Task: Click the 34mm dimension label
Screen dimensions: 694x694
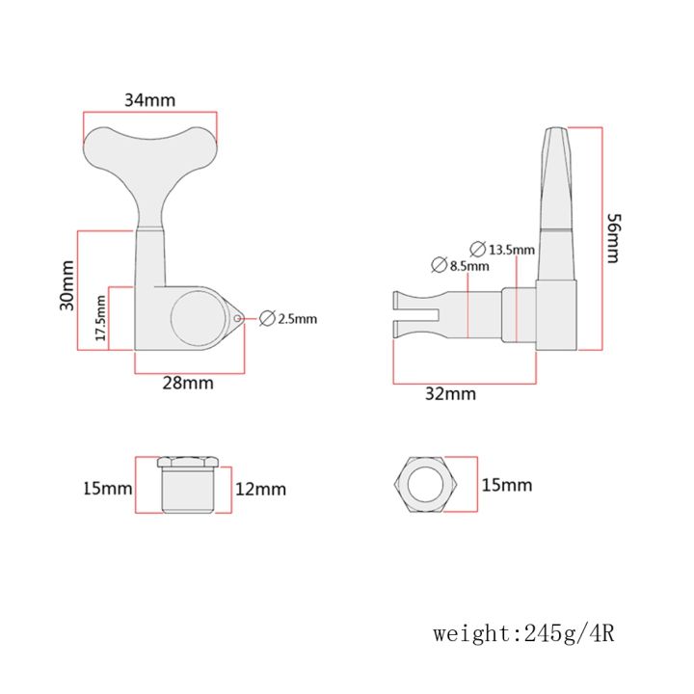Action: pos(149,100)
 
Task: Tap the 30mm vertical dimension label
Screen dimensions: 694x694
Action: pos(67,285)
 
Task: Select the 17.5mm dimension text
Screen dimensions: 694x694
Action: pos(101,318)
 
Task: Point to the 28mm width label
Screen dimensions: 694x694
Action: pos(188,383)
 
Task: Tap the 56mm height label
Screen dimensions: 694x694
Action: pos(613,239)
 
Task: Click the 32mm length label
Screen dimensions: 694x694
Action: pos(450,393)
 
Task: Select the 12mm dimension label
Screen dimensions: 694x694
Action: pos(260,489)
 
